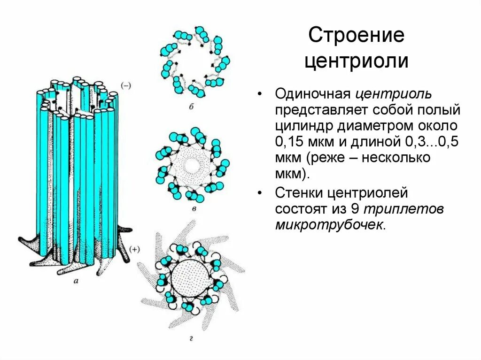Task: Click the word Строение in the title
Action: (356, 36)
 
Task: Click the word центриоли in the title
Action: (356, 62)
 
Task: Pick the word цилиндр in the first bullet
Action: (303, 126)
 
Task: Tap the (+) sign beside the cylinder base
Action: (134, 250)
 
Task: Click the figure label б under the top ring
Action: (192, 107)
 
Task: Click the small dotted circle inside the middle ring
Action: (192, 165)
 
